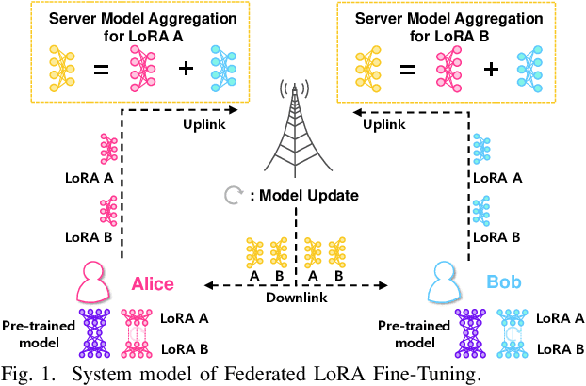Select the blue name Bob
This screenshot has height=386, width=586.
pyautogui.click(x=504, y=282)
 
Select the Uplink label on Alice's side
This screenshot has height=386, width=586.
pyautogui.click(x=203, y=122)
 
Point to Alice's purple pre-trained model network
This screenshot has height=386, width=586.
pyautogui.click(x=96, y=334)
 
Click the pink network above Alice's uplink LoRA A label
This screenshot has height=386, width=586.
pyautogui.click(x=107, y=149)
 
